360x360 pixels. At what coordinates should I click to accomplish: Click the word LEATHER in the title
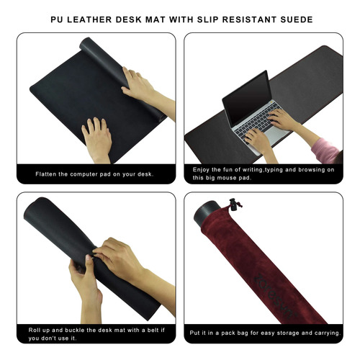tap(89, 19)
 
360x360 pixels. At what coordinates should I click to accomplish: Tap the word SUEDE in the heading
tap(297, 19)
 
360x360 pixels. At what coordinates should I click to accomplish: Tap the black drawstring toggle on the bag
tap(233, 204)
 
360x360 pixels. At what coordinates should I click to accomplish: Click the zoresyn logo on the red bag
tap(274, 296)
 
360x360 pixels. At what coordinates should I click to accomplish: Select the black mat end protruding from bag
tap(207, 212)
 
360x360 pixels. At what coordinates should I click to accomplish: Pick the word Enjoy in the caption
tap(201, 170)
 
